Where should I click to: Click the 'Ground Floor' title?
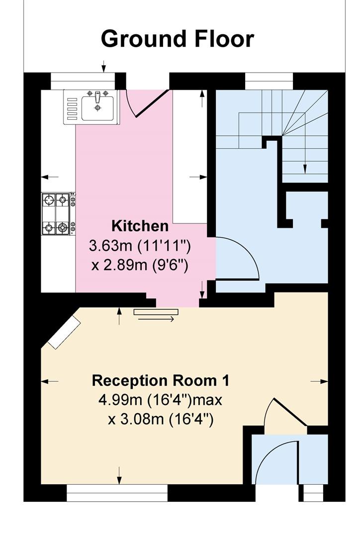[x=178, y=39]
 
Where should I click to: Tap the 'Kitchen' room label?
[x=140, y=226]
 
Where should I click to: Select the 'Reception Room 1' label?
[x=161, y=380]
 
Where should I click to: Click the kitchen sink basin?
[x=97, y=108]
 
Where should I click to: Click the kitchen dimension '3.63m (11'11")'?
[x=140, y=246]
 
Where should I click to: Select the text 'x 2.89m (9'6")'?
[x=140, y=265]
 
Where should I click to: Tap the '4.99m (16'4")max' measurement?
[x=160, y=400]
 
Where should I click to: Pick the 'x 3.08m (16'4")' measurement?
[x=161, y=419]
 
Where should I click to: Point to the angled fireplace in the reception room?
[x=64, y=332]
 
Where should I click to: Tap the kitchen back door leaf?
[x=151, y=103]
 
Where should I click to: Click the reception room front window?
[x=117, y=493]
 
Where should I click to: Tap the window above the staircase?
[x=269, y=81]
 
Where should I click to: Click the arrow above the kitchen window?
[x=103, y=66]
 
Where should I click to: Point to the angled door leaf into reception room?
[x=290, y=412]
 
